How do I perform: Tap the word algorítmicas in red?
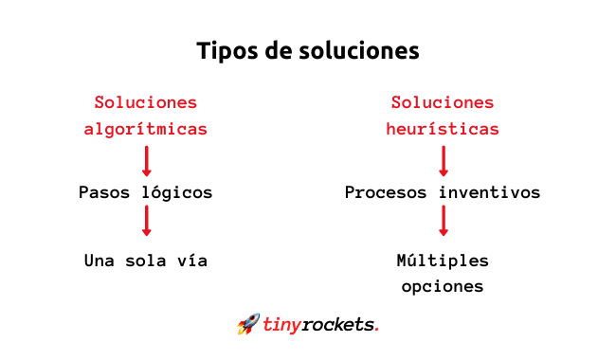[x=146, y=130]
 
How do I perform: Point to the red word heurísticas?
[x=443, y=129]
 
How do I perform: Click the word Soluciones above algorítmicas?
[x=146, y=103]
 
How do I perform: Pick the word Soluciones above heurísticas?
[x=443, y=103]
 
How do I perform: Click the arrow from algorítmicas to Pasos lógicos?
[x=147, y=161]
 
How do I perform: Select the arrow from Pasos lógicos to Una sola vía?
[x=147, y=221]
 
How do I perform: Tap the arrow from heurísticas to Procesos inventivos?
[x=444, y=161]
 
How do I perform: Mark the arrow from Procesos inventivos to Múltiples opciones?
[x=444, y=221]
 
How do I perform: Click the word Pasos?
[x=104, y=192]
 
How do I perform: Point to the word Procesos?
[x=386, y=192]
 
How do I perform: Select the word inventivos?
[x=490, y=192]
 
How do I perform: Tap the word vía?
[x=192, y=261]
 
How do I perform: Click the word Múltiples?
[x=443, y=261]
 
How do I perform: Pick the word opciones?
[x=443, y=287]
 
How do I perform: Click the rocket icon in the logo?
[x=248, y=324]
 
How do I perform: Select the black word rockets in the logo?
[x=338, y=325]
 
